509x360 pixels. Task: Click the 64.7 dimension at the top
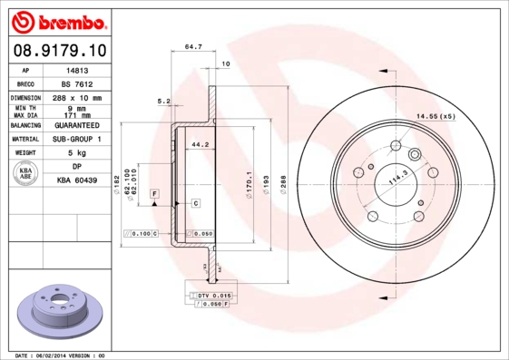click(192, 44)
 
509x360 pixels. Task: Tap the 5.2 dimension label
click(164, 101)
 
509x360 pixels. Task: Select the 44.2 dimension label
click(201, 144)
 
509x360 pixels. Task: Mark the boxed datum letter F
click(155, 194)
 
